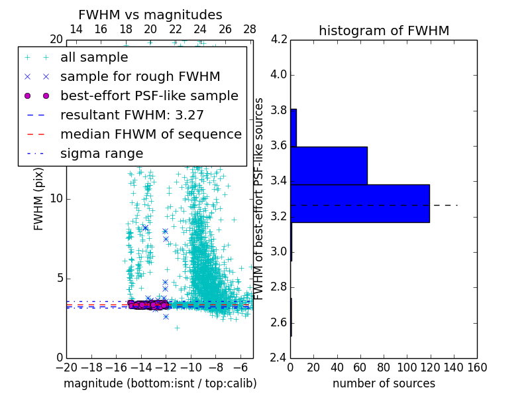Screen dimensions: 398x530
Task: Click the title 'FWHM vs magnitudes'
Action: (150, 15)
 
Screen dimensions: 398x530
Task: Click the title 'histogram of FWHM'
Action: (384, 31)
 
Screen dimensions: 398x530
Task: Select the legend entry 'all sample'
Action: (94, 58)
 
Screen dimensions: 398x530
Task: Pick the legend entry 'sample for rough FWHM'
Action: (140, 77)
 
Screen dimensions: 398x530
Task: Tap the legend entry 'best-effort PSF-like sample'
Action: (149, 96)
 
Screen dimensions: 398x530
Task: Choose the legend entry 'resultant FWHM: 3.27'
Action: (132, 115)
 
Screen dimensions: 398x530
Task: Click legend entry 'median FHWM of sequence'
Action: (150, 135)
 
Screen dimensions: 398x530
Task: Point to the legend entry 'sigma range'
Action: (101, 154)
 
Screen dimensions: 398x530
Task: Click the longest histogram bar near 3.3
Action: (360, 203)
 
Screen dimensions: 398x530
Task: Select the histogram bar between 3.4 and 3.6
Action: (329, 165)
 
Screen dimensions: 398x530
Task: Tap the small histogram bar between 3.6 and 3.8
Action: (293, 127)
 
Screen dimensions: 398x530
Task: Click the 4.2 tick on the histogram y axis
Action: (280, 39)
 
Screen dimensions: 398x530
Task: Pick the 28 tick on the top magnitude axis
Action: (250, 29)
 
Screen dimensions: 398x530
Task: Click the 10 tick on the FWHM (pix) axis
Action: (57, 199)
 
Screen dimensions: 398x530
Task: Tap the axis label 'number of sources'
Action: (384, 383)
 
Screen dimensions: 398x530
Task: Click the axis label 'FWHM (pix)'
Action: (39, 198)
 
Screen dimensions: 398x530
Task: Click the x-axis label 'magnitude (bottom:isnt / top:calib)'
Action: (160, 383)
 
